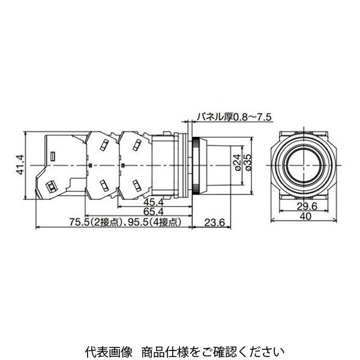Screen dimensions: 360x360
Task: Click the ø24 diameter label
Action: [x=236, y=161]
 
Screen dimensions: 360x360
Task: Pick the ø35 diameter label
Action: [x=247, y=161]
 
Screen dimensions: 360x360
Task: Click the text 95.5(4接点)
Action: [x=153, y=222]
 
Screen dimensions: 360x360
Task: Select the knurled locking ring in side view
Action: [x=196, y=163]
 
